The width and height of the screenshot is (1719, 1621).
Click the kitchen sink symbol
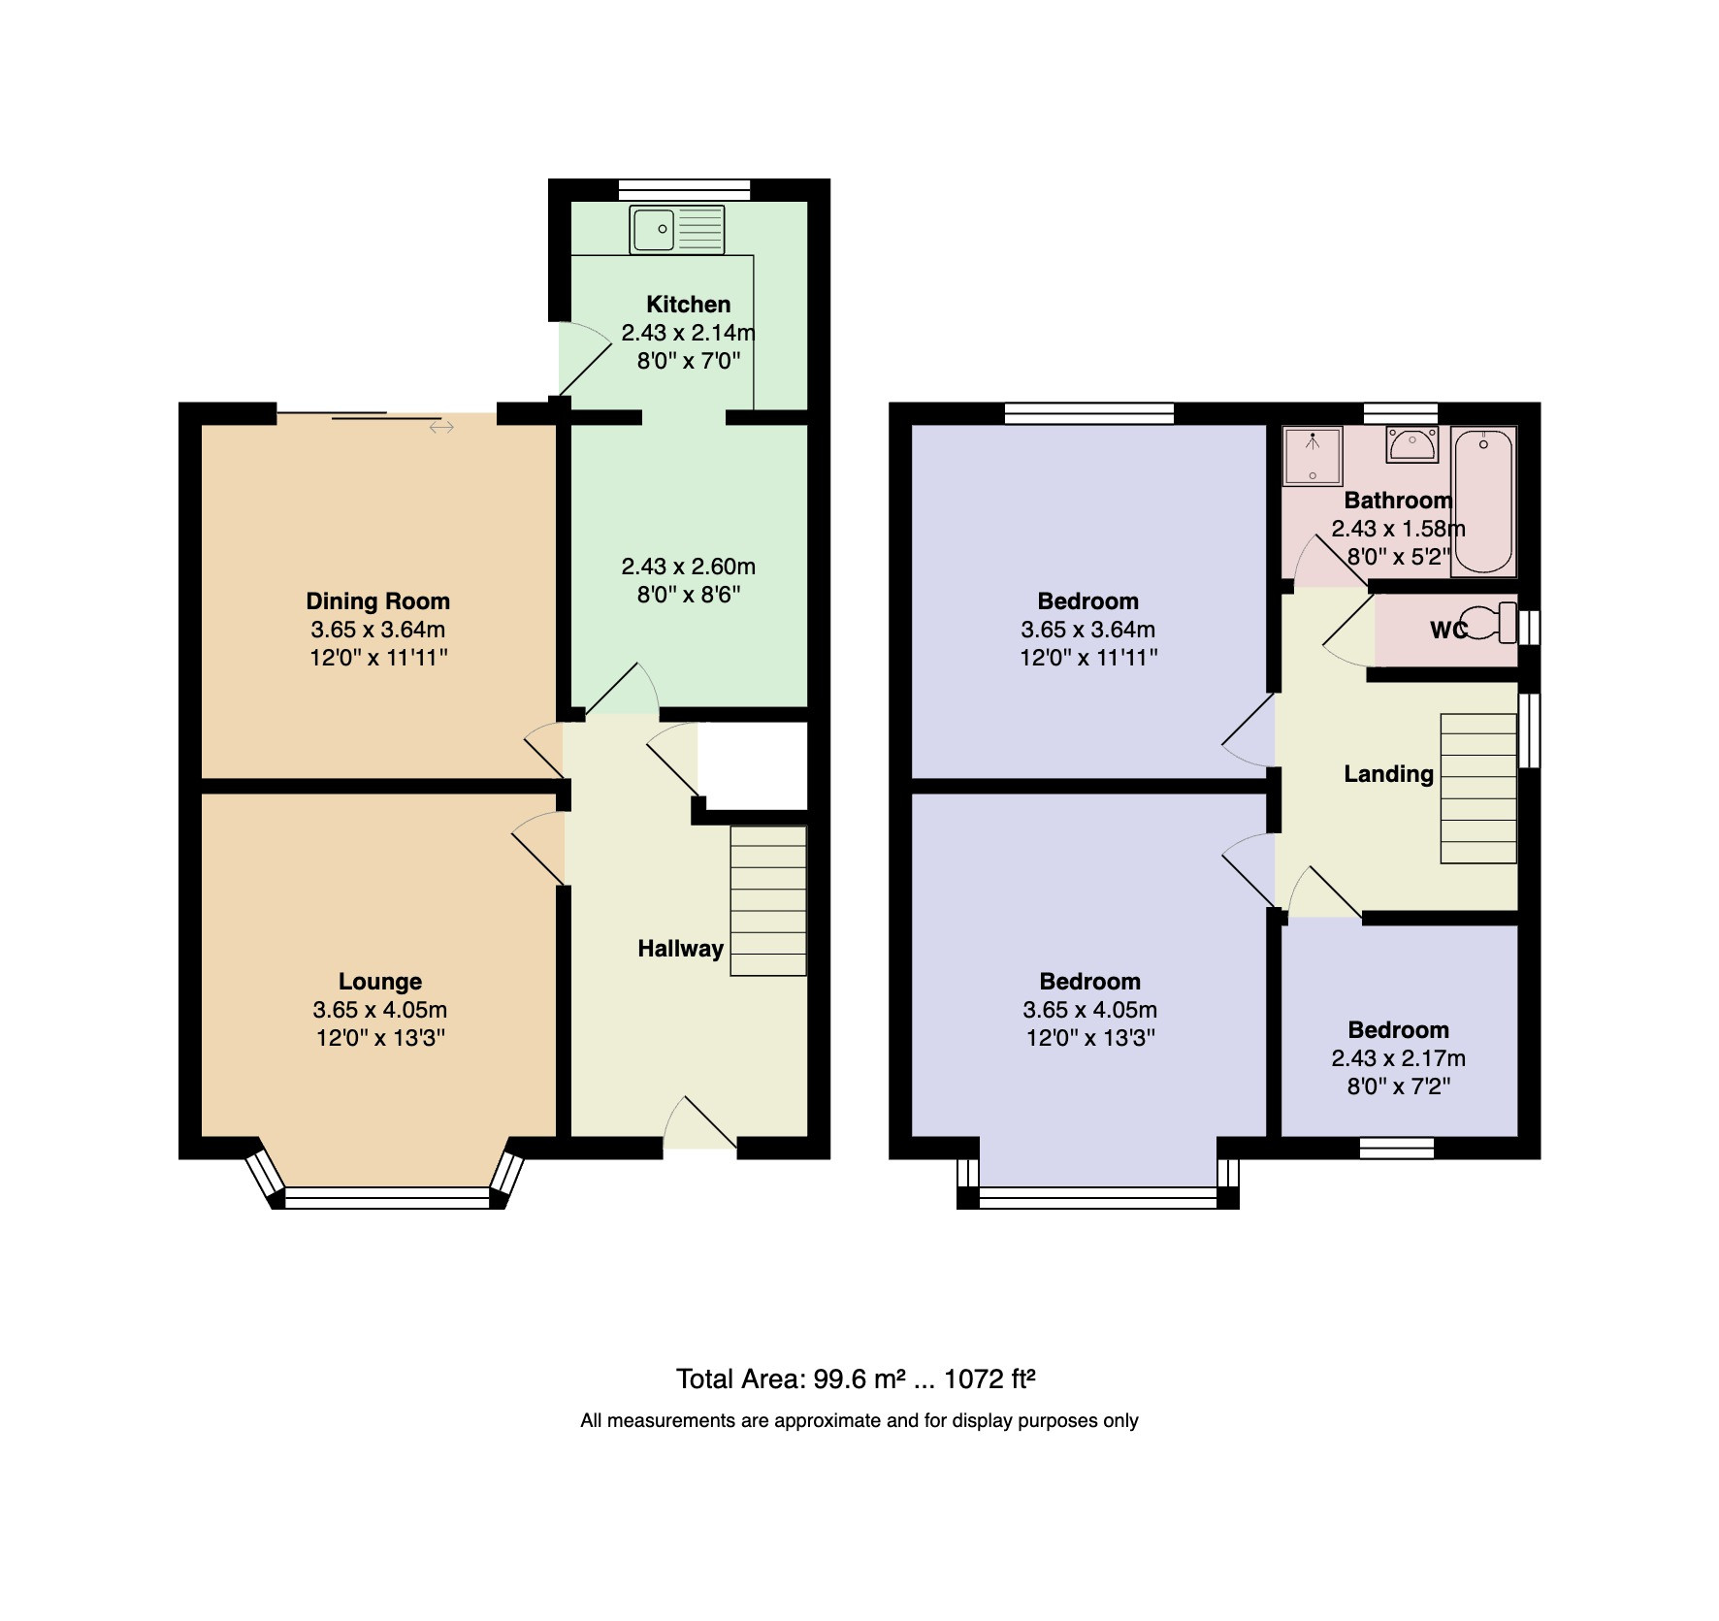pos(677,229)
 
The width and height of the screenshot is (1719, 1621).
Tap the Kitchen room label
pos(688,304)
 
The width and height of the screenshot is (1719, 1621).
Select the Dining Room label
pos(377,601)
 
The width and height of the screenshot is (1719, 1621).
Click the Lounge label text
pos(379,982)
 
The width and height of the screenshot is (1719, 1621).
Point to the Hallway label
pos(680,949)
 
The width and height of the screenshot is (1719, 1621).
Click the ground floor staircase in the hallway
pos(768,900)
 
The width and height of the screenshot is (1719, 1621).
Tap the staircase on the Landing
pos(1478,789)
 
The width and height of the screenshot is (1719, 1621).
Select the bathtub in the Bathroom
pos(1483,503)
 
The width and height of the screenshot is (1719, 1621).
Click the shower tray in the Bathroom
pos(1313,455)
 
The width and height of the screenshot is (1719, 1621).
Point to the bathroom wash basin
pos(1411,443)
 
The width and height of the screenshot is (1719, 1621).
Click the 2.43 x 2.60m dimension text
pos(688,567)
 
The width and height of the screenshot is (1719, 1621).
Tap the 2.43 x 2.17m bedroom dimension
pos(1398,1058)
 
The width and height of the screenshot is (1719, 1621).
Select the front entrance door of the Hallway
pos(699,1126)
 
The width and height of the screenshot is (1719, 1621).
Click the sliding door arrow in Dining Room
pos(441,427)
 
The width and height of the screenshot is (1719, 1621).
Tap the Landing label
pos(1388,774)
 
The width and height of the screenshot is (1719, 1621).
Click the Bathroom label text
pos(1398,501)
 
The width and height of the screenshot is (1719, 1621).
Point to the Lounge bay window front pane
pos(388,1198)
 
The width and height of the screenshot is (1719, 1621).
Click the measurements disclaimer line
pos(859,1421)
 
